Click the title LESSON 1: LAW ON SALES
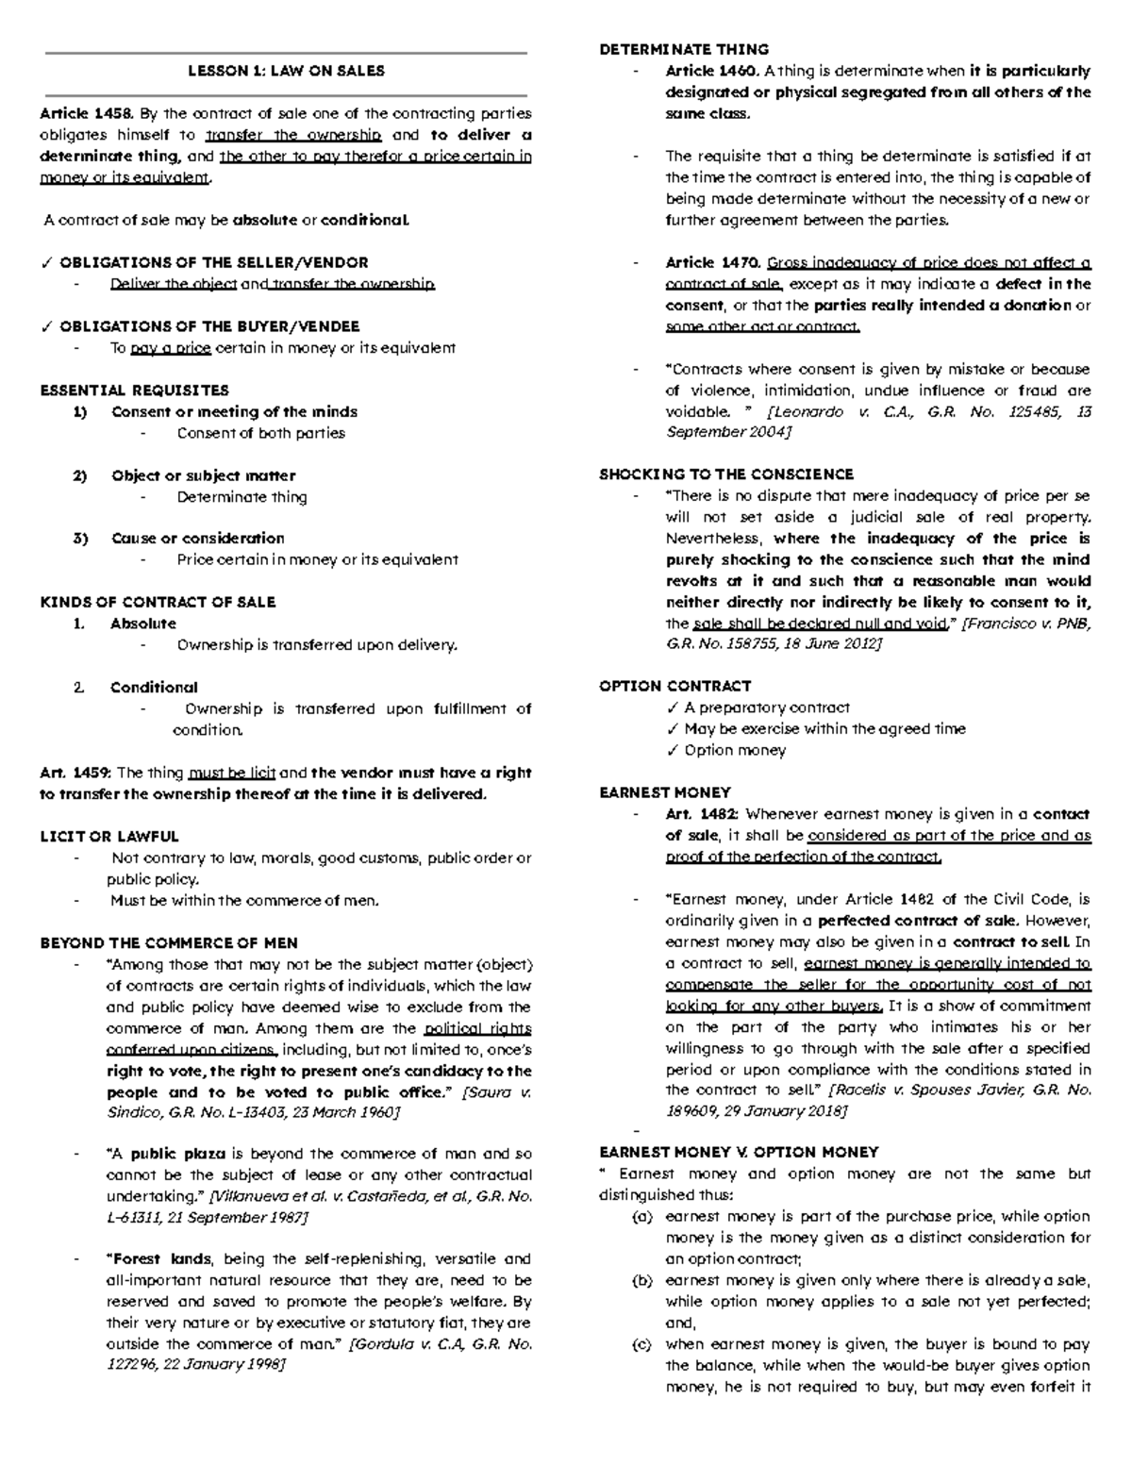(286, 71)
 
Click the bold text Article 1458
(86, 114)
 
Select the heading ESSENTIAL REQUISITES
(134, 390)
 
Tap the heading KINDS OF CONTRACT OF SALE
(158, 602)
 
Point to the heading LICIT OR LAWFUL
(108, 836)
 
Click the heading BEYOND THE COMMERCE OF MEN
(169, 942)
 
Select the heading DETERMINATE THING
(684, 49)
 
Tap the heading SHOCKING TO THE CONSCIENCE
(726, 474)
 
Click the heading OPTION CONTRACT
(674, 686)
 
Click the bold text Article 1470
(712, 262)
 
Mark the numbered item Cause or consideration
(197, 538)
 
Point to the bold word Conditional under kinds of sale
(154, 687)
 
